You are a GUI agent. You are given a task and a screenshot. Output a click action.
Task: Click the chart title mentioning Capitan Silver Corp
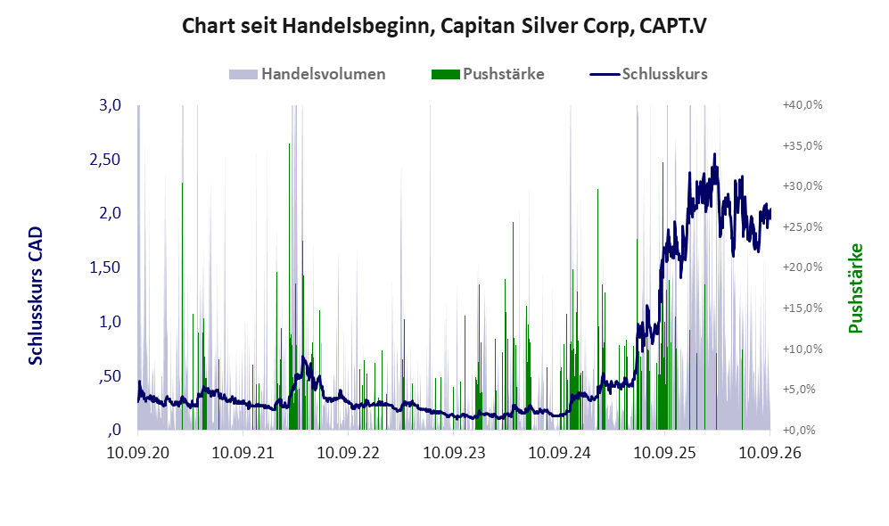(x=444, y=26)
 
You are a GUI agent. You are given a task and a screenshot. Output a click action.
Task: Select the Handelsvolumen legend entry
(x=308, y=74)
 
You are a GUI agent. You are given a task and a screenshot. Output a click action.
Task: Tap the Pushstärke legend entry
(x=488, y=74)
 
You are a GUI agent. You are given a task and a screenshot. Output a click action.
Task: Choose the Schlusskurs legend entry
(x=648, y=74)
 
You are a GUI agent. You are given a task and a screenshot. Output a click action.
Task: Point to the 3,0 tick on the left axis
(x=110, y=105)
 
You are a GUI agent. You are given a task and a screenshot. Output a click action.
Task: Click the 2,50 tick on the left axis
(x=105, y=160)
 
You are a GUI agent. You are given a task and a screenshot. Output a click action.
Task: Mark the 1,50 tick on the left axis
(x=105, y=267)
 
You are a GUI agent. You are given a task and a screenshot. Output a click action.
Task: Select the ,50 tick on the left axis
(x=110, y=376)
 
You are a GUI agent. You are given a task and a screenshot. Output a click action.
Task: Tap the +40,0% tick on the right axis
(x=803, y=105)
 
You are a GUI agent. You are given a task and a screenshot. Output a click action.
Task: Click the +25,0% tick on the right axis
(x=803, y=226)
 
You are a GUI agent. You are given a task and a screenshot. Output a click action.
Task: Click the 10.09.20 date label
(x=138, y=452)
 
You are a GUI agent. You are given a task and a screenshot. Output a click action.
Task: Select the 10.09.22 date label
(x=348, y=452)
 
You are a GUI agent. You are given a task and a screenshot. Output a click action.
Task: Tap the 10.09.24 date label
(x=560, y=452)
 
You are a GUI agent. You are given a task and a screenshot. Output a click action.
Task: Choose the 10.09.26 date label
(x=770, y=452)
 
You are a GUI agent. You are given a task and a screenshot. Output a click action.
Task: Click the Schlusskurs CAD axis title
(x=36, y=296)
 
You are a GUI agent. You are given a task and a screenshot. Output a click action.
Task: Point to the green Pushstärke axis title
(x=855, y=289)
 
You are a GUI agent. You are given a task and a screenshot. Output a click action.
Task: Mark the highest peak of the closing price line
(x=714, y=154)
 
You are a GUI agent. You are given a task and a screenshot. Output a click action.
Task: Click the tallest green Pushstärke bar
(x=289, y=287)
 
